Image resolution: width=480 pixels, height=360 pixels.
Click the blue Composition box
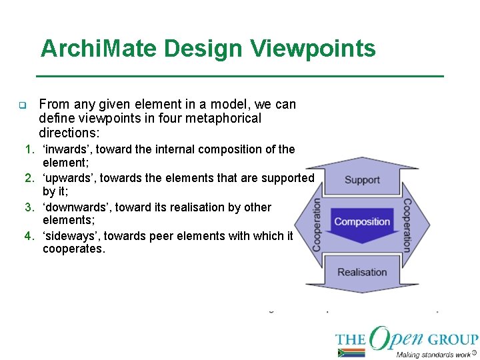click(x=362, y=221)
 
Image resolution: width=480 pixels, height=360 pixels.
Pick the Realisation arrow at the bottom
click(x=362, y=273)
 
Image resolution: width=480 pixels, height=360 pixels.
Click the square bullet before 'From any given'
click(x=22, y=105)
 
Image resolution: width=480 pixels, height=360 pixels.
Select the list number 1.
click(x=29, y=149)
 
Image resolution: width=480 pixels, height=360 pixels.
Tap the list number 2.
click(x=29, y=178)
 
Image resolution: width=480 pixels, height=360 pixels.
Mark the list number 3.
click(x=29, y=207)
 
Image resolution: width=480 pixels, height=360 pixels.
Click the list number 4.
click(x=29, y=235)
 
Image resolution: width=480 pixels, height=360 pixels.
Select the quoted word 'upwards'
click(x=69, y=178)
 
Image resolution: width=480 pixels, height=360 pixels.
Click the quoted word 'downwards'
click(x=77, y=207)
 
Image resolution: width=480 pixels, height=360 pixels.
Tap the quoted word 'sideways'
click(x=71, y=235)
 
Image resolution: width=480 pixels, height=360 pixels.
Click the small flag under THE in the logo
click(x=351, y=353)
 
